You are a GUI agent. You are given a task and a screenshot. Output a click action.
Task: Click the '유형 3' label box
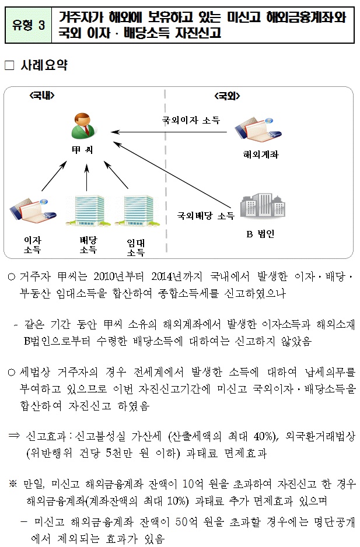(29, 25)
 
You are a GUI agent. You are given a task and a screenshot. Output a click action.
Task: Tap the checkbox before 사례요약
(9, 65)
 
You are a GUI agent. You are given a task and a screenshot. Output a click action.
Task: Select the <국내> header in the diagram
(42, 95)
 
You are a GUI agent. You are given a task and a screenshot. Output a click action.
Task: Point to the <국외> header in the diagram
(227, 96)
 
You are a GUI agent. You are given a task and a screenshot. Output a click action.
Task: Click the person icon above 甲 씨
(83, 125)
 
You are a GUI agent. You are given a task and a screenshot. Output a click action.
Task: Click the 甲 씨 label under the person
(82, 150)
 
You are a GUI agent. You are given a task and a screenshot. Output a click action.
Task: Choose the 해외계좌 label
(261, 155)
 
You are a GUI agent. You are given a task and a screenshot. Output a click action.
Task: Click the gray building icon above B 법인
(263, 206)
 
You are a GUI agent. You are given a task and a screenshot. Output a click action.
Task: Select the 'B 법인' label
(260, 234)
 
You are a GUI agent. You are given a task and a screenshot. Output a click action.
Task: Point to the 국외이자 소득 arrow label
(191, 120)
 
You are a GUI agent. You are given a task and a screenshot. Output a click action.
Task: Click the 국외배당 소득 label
(205, 216)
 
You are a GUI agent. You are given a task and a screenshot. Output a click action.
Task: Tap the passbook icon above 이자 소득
(33, 211)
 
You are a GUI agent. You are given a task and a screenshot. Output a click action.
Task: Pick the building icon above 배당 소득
(88, 210)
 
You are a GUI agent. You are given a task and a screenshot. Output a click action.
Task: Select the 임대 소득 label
(136, 247)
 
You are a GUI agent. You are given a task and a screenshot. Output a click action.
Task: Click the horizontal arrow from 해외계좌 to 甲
(169, 132)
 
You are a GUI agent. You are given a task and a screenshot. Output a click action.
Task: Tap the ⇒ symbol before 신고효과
(14, 436)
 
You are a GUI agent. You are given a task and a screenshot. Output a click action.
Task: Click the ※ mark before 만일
(13, 483)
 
